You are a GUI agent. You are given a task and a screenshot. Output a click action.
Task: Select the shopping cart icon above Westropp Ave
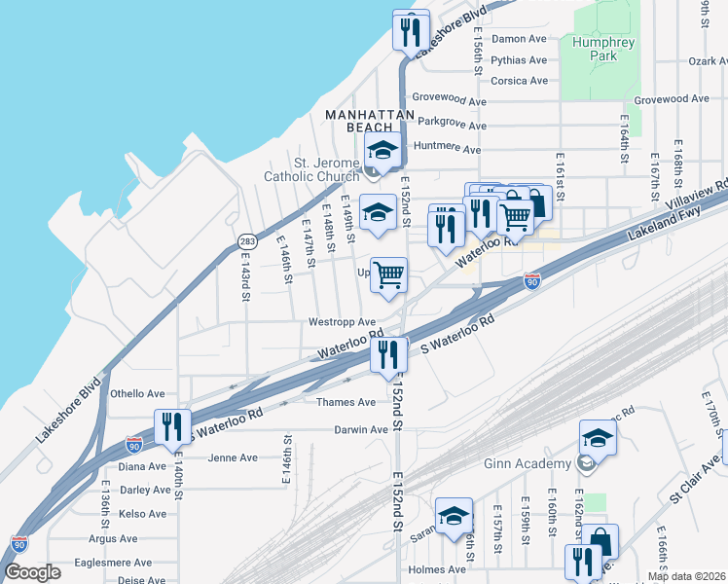coord(388,275)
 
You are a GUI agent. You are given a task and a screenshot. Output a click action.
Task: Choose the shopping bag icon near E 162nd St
coord(601,542)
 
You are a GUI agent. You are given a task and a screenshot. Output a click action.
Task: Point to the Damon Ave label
coord(519,39)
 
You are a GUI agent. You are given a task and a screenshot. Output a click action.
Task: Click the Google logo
coord(32,572)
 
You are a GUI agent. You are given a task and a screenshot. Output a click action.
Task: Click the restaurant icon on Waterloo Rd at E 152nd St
coord(388,354)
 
